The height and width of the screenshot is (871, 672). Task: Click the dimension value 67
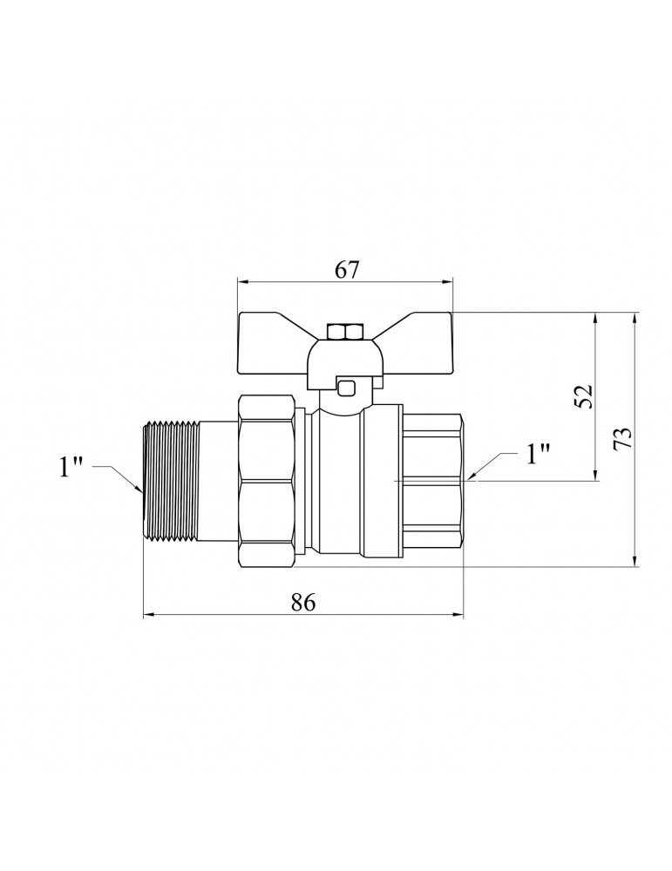347,270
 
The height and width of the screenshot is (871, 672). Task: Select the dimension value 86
303,602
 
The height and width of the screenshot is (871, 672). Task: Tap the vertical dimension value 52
585,396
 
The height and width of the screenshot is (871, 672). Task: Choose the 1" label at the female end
538,454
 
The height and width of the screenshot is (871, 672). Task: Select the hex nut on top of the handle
345,333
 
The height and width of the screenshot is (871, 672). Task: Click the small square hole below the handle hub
347,388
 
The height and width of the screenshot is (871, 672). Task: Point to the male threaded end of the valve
171,481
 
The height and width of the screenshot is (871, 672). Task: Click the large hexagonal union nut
266,482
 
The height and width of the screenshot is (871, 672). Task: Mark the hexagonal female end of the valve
432,481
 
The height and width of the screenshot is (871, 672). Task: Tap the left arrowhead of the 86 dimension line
149,615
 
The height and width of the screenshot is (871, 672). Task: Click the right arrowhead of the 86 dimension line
457,615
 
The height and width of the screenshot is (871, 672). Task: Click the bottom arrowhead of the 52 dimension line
596,474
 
